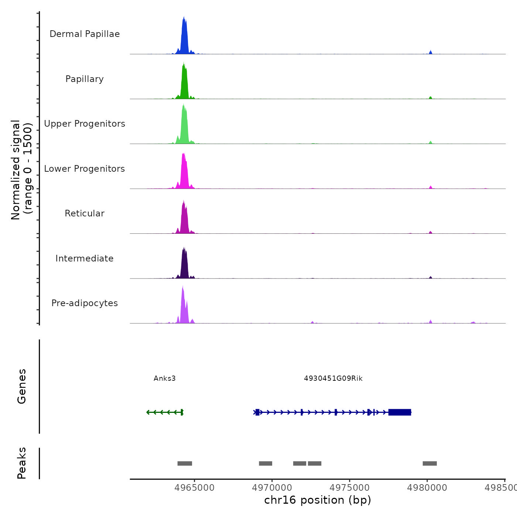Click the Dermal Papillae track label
coord(85,34)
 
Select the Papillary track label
coord(85,79)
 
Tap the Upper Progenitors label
coord(85,124)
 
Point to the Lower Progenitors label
coord(85,169)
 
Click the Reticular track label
coord(85,213)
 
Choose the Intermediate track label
coord(85,258)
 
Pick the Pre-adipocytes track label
coord(85,303)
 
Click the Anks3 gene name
coord(165,379)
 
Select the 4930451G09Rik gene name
coord(333,379)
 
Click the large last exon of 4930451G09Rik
coord(400,412)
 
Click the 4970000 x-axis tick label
coord(272,488)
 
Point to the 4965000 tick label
coord(194,488)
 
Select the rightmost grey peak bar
coord(429,463)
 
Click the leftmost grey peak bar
coord(185,463)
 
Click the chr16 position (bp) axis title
coord(318,500)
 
